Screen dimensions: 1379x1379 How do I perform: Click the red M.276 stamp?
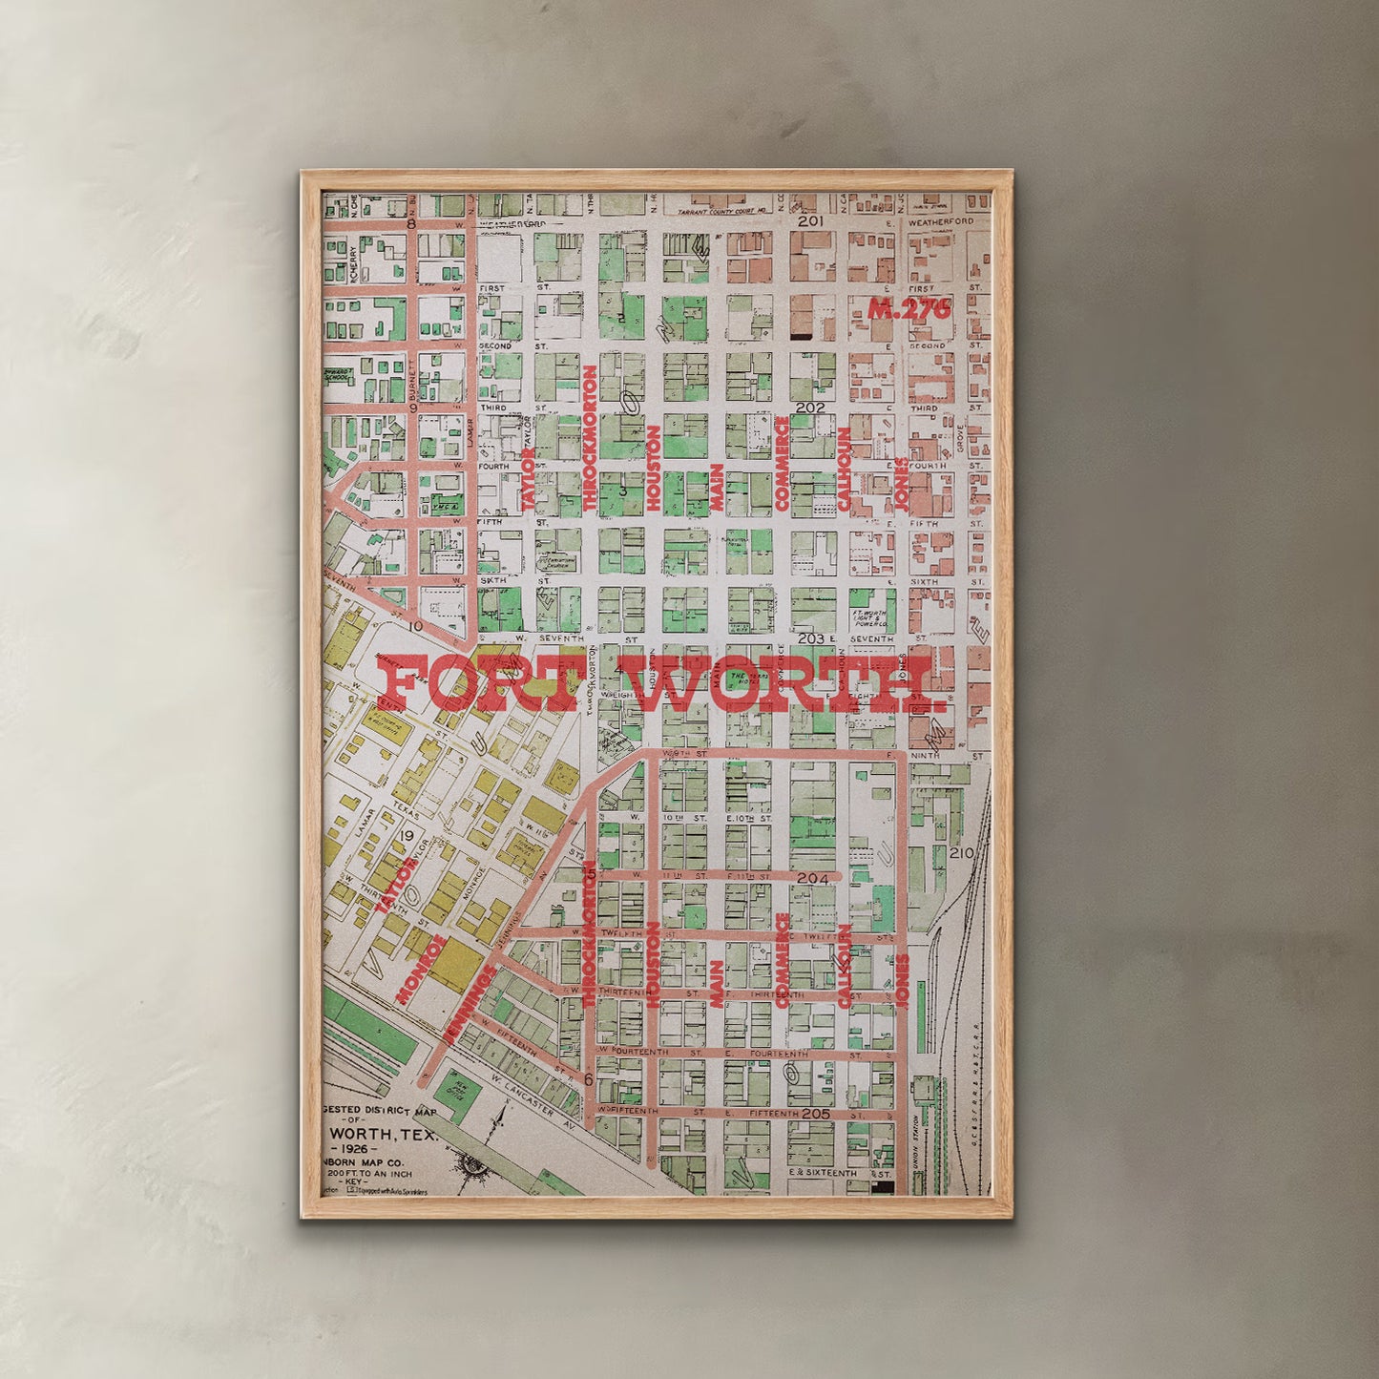click(x=909, y=309)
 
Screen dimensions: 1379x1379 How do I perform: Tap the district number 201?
click(x=810, y=221)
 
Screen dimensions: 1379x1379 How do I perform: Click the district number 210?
click(x=961, y=852)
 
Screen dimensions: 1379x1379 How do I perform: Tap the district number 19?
click(x=407, y=837)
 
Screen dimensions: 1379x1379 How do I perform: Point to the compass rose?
click(x=473, y=1165)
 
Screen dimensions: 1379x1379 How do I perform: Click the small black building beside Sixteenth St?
click(x=884, y=1187)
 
